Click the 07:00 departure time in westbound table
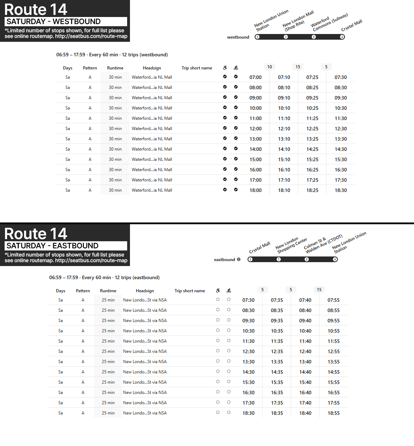pyautogui.click(x=255, y=77)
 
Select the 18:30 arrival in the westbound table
pyautogui.click(x=341, y=190)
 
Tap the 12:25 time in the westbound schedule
pyautogui.click(x=312, y=129)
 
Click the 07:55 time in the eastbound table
pyautogui.click(x=333, y=300)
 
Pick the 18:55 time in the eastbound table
pyautogui.click(x=333, y=413)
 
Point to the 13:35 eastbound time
pyautogui.click(x=277, y=362)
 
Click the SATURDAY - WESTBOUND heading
pyautogui.click(x=66, y=22)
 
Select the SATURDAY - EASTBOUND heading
pyautogui.click(x=66, y=246)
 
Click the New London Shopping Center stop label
pyautogui.click(x=291, y=245)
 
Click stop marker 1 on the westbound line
pyautogui.click(x=257, y=37)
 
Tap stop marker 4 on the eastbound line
pyautogui.click(x=335, y=259)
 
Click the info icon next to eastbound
pyautogui.click(x=239, y=259)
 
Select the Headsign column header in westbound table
pyautogui.click(x=152, y=68)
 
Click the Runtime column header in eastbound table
pyautogui.click(x=108, y=291)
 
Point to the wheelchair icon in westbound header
pyautogui.click(x=225, y=68)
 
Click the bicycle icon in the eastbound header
pyautogui.click(x=229, y=290)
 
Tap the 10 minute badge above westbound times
pyautogui.click(x=270, y=67)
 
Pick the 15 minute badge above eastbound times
pyautogui.click(x=319, y=290)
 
